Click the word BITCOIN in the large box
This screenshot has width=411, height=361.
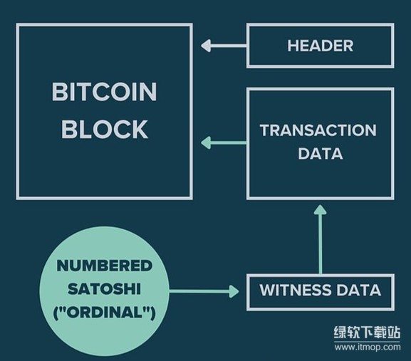104,92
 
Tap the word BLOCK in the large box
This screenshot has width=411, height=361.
105,129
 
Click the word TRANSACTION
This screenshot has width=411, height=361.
318,130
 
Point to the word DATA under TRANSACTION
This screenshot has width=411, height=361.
321,154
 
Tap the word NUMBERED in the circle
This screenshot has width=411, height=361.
104,266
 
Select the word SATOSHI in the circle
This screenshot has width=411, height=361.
104,289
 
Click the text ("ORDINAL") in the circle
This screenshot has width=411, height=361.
104,313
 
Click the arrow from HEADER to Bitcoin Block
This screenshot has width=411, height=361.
224,46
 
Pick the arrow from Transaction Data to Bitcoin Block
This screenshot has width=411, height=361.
224,143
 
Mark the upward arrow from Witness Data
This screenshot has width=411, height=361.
320,239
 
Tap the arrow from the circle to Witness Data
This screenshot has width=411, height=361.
204,291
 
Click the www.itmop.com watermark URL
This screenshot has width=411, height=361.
368,347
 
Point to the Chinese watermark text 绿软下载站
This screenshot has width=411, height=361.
368,333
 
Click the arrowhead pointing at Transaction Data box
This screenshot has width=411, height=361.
320,210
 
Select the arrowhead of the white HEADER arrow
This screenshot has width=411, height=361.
206,46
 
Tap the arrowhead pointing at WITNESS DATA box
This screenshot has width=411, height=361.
234,291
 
